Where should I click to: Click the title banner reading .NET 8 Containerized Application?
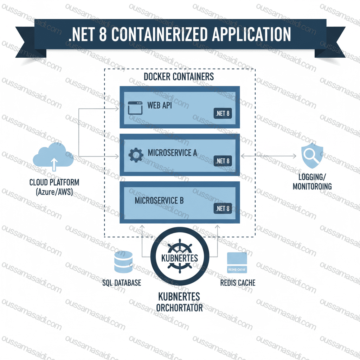tap(180, 36)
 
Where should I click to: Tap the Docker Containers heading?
tap(179, 76)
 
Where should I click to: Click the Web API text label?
tap(160, 105)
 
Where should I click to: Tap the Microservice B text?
tap(159, 200)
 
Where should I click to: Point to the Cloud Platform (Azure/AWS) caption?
tap(54, 187)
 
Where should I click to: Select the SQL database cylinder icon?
tap(123, 262)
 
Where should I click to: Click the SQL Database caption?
tap(122, 283)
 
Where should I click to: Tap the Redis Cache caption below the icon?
tap(238, 283)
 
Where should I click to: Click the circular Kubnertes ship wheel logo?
tap(179, 258)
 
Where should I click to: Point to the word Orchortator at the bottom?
tap(179, 308)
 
